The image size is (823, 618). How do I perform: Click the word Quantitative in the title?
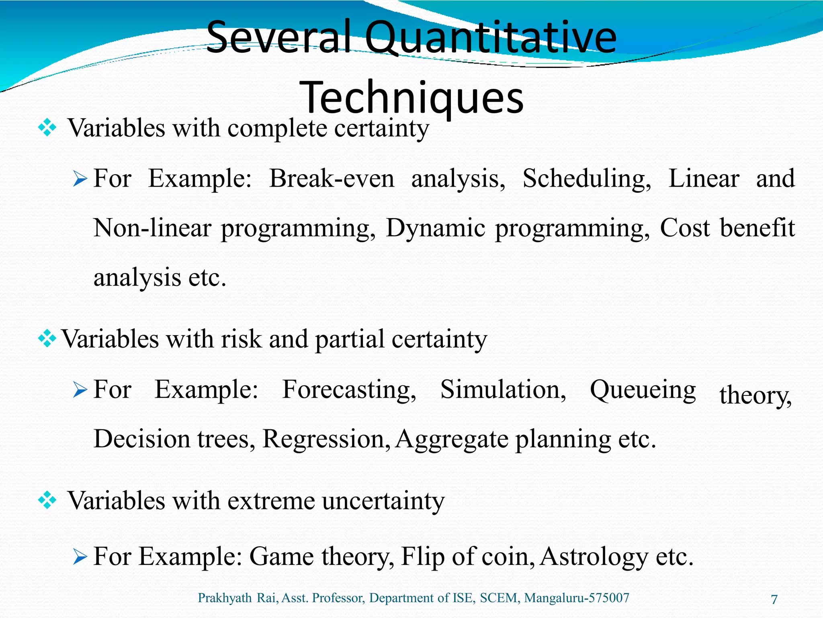click(x=490, y=38)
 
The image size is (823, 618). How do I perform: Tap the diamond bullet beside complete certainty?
click(x=47, y=128)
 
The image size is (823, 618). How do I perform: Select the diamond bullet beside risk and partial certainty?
click(x=47, y=339)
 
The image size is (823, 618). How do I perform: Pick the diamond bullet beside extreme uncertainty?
click(x=47, y=501)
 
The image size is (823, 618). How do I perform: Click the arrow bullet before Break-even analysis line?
click(x=80, y=179)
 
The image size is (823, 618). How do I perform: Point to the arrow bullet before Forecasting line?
click(x=80, y=389)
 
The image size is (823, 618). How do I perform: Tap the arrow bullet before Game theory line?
click(x=80, y=557)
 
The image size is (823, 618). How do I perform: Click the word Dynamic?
click(x=435, y=229)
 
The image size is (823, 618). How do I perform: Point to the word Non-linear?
click(x=152, y=228)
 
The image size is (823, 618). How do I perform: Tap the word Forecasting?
click(x=349, y=390)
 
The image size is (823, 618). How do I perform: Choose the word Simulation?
click(x=503, y=389)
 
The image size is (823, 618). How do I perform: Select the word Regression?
click(x=326, y=439)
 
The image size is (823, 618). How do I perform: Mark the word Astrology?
click(x=594, y=557)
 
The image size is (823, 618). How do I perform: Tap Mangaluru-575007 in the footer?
click(x=577, y=598)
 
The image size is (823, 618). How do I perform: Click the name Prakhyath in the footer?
click(x=225, y=598)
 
